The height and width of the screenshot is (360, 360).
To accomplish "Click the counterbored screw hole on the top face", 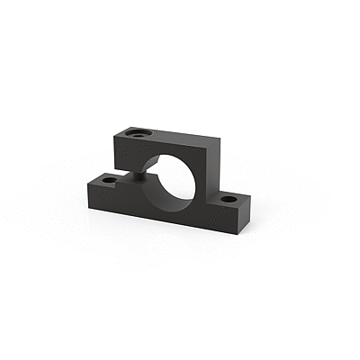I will (138, 133).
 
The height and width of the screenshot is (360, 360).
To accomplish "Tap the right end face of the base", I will (245, 216).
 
